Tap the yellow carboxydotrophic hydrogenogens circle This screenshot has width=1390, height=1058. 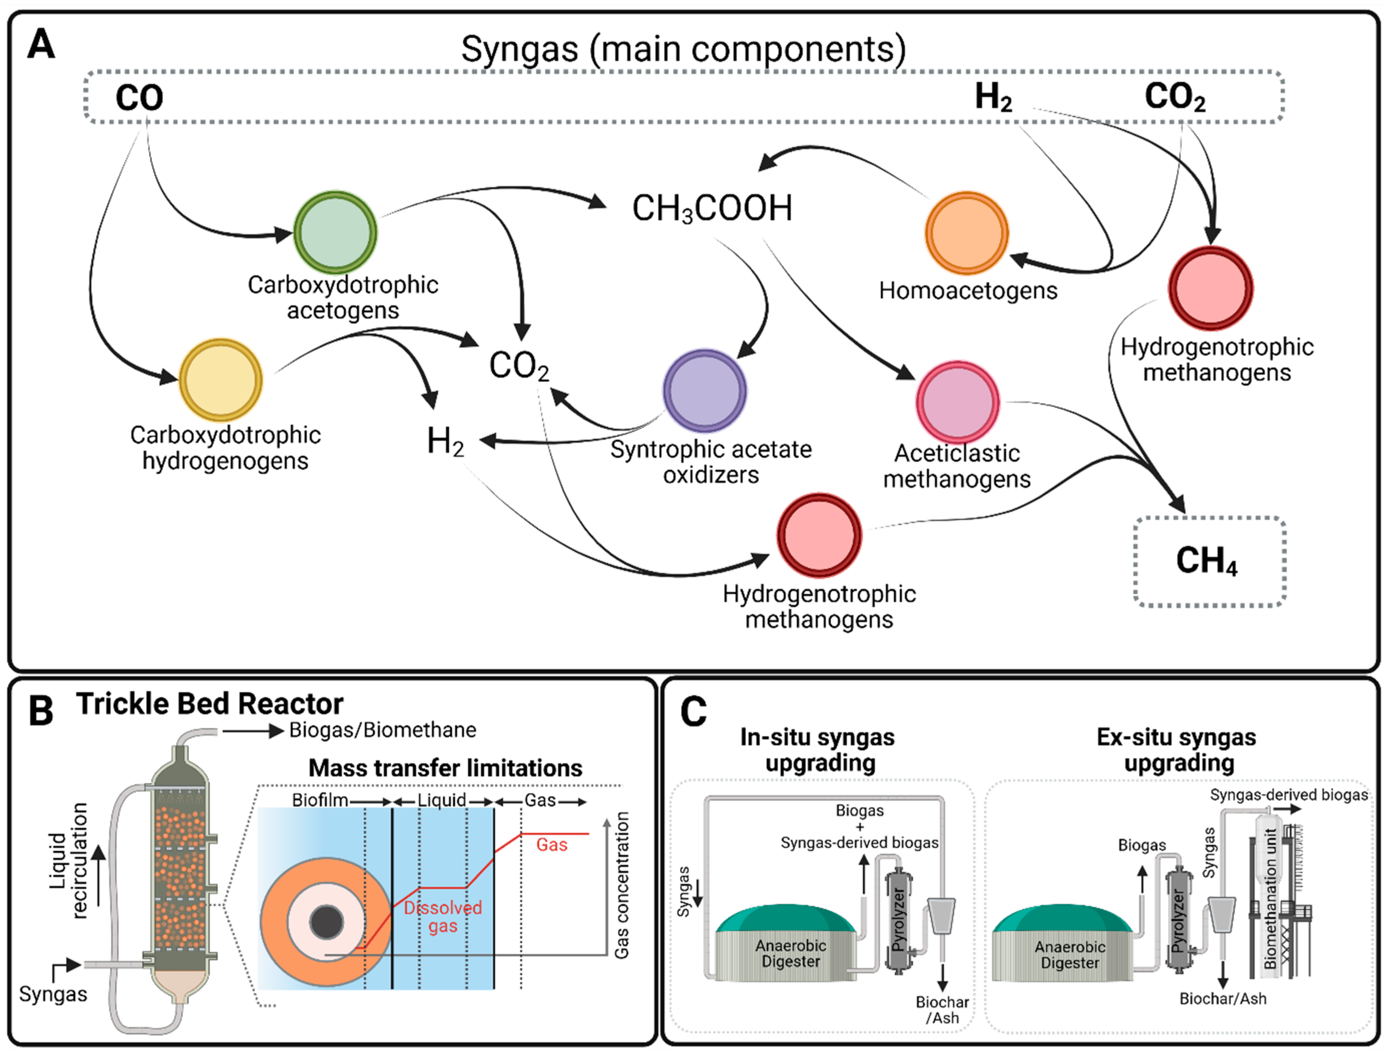click(220, 380)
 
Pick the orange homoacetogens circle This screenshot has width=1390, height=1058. click(966, 233)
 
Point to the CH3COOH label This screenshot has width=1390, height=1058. click(712, 208)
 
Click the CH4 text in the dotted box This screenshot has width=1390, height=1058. click(1206, 561)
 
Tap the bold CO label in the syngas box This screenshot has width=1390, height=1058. click(139, 98)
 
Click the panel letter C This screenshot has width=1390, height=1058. click(694, 712)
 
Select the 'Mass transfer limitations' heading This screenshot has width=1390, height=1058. click(445, 768)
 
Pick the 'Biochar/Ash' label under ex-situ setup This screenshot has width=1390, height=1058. click(1222, 998)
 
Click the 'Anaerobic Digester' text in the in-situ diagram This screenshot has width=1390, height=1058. click(791, 953)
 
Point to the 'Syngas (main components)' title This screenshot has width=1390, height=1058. click(683, 49)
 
